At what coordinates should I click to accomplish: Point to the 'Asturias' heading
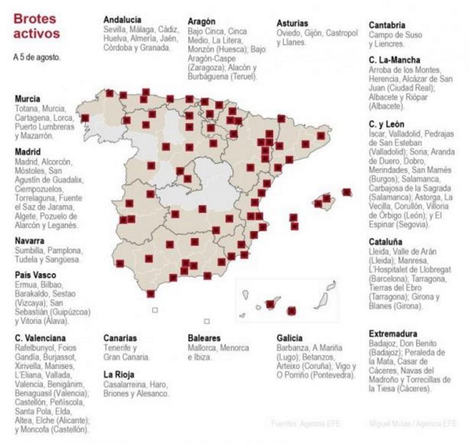293,23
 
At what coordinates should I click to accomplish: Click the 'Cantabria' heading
387,25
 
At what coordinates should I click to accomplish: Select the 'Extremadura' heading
393,333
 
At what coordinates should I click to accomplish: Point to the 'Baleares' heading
205,338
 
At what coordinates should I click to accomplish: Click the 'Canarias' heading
120,338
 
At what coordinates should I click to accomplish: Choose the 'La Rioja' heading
118,374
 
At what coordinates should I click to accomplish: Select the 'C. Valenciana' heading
40,338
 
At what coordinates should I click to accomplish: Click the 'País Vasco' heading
36,275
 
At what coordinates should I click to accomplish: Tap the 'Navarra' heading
29,241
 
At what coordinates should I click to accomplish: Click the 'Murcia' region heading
27,98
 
